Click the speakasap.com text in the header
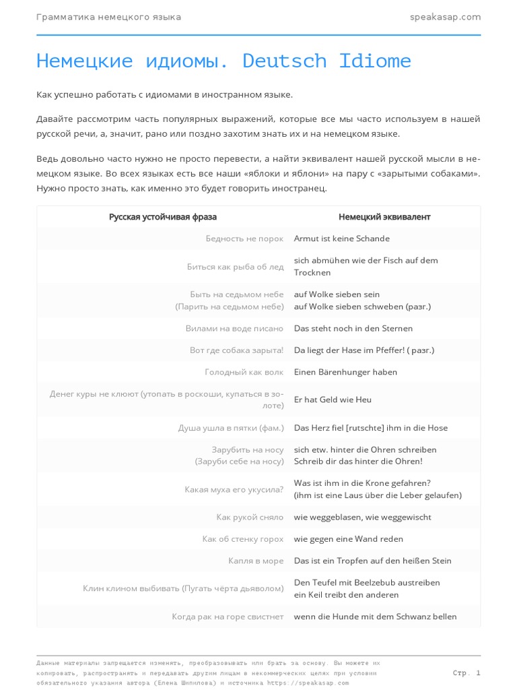pos(445,17)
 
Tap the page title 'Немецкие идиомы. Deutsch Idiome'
pos(223,61)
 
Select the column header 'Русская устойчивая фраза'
pos(163,217)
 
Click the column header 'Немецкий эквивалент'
pos(384,217)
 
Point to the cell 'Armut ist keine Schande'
pos(342,239)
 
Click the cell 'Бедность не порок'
pos(245,239)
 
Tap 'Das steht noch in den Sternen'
pos(353,328)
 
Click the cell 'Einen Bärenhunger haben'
pos(345,372)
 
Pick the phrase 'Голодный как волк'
pos(244,372)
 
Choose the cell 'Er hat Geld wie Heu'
pos(333,400)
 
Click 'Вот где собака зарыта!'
pos(237,350)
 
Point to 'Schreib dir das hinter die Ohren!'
pos(358,462)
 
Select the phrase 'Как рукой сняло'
pos(250,517)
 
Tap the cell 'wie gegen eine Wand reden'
pos(349,539)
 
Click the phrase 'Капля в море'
pos(256,561)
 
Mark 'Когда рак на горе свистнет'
pos(228,617)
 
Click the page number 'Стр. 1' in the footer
pos(467,672)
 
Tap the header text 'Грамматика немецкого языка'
pos(108,17)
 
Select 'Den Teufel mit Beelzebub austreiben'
pos(367,582)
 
